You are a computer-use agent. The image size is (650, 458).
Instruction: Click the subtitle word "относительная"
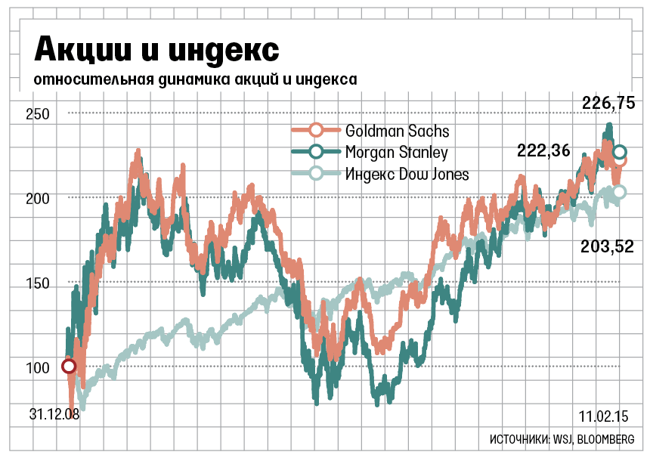coord(83,79)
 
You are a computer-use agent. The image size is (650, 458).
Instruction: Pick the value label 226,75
coord(608,104)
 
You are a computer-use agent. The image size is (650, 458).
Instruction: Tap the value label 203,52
coord(606,246)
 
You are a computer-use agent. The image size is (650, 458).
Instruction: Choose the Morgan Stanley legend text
coord(396,153)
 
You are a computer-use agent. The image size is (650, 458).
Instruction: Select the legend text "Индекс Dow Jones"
coord(407,175)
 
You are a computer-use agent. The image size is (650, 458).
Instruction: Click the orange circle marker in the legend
coord(317,131)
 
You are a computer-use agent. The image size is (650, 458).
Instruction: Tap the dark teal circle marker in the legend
coord(317,153)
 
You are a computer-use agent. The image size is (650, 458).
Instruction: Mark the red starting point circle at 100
coord(69,367)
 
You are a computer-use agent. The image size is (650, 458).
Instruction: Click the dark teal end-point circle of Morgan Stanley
coord(620,153)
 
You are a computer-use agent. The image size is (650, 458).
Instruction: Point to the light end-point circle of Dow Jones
coord(619,192)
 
